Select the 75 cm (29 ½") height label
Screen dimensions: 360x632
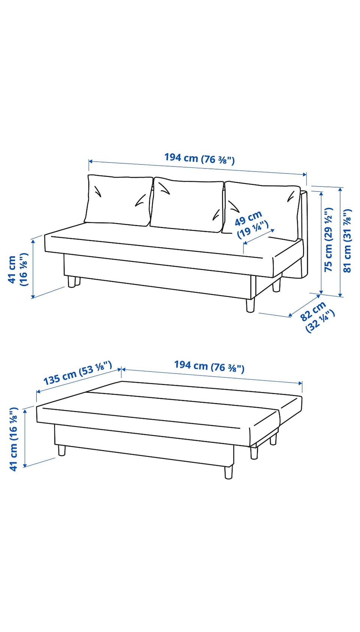click(x=328, y=240)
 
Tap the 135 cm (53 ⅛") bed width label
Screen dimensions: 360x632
click(x=78, y=373)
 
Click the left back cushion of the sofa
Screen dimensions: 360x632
click(x=118, y=200)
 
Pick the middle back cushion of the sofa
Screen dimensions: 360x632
click(x=187, y=206)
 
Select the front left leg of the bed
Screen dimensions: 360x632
click(x=62, y=450)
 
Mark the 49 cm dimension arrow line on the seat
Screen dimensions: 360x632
click(x=259, y=236)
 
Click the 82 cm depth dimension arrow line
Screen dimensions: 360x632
click(x=305, y=306)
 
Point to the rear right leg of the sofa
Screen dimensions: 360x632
click(x=277, y=285)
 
